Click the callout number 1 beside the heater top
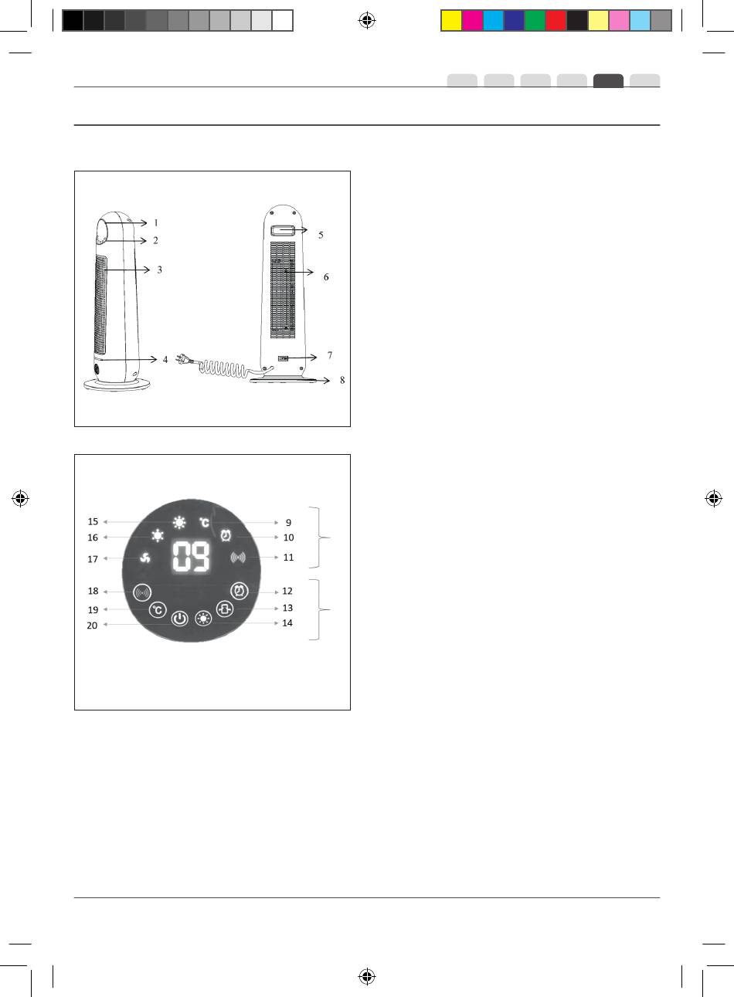pyautogui.click(x=156, y=222)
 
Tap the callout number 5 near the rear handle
pyautogui.click(x=321, y=235)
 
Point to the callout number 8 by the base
pyautogui.click(x=342, y=380)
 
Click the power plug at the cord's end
pyautogui.click(x=184, y=359)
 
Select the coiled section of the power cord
pyautogui.click(x=222, y=368)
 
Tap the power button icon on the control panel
pyautogui.click(x=180, y=619)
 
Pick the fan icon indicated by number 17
pyautogui.click(x=145, y=558)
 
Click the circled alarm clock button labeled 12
pyautogui.click(x=240, y=591)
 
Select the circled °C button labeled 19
pyautogui.click(x=158, y=610)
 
